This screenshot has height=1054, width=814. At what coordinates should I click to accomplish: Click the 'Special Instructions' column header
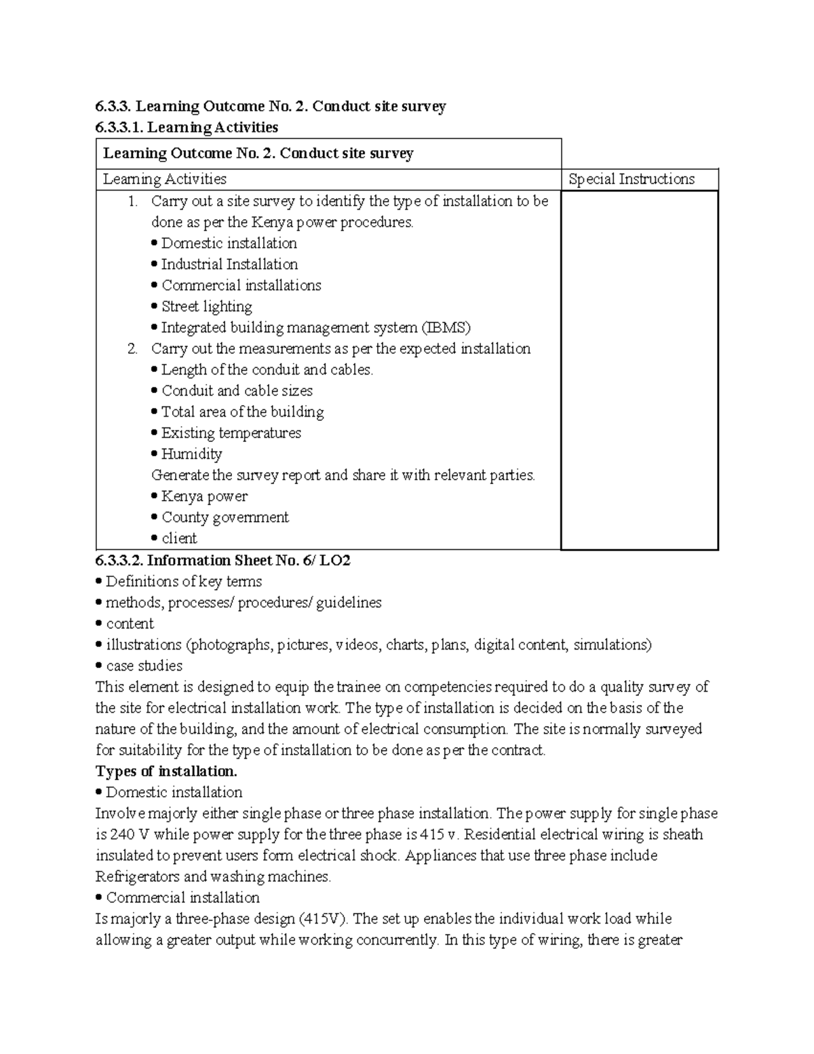[x=631, y=179]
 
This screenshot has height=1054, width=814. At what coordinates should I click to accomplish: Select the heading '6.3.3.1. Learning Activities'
[x=187, y=127]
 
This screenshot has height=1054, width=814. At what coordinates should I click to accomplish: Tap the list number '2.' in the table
[x=132, y=349]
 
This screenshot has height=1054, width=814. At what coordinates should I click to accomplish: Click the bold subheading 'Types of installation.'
[x=166, y=772]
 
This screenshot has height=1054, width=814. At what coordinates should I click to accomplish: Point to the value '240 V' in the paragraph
[x=122, y=835]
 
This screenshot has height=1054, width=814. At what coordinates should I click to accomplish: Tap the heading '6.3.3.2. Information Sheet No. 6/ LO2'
[x=223, y=561]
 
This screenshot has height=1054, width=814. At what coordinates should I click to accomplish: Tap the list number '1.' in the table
[x=132, y=202]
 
